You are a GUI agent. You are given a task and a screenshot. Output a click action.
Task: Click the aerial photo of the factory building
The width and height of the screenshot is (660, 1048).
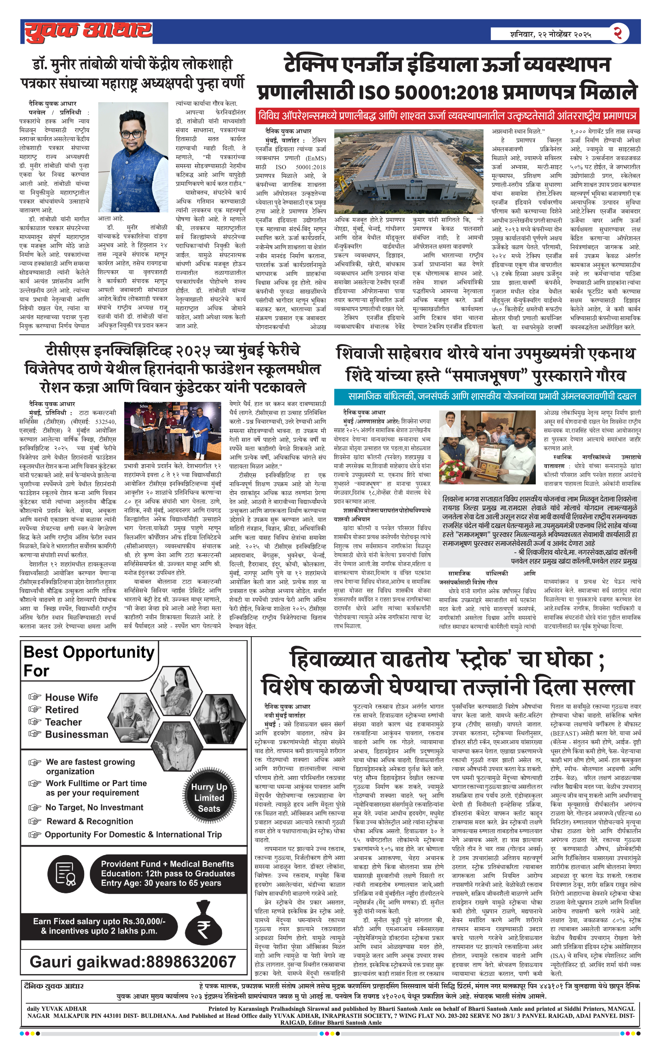tap(408, 171)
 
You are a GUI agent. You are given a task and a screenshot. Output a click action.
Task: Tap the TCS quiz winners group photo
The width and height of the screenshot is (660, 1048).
tap(173, 431)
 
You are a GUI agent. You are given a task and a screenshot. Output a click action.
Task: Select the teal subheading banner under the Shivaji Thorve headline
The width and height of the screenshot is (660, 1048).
tap(487, 396)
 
